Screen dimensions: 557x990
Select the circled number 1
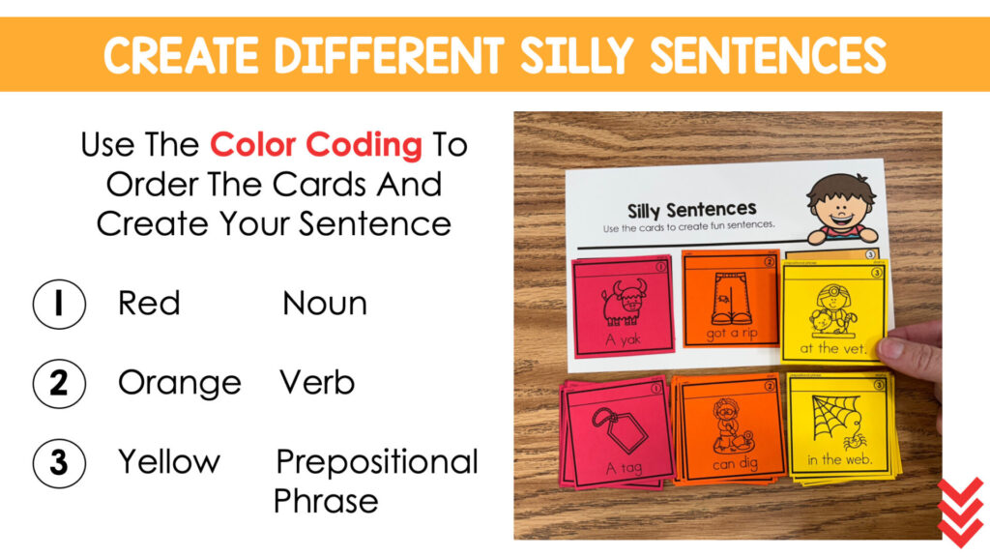click(x=59, y=304)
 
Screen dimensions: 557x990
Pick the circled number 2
click(x=59, y=383)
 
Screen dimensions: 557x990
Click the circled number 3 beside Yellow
click(x=59, y=462)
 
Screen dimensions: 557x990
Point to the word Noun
click(x=325, y=304)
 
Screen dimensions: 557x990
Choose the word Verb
click(x=317, y=383)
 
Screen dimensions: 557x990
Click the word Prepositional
click(x=377, y=462)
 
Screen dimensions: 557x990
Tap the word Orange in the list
click(x=179, y=384)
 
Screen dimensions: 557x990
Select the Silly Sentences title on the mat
click(x=691, y=210)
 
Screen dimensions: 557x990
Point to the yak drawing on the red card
click(x=624, y=302)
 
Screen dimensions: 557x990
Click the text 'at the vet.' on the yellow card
click(x=833, y=347)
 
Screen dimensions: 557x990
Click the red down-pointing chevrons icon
click(x=961, y=513)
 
